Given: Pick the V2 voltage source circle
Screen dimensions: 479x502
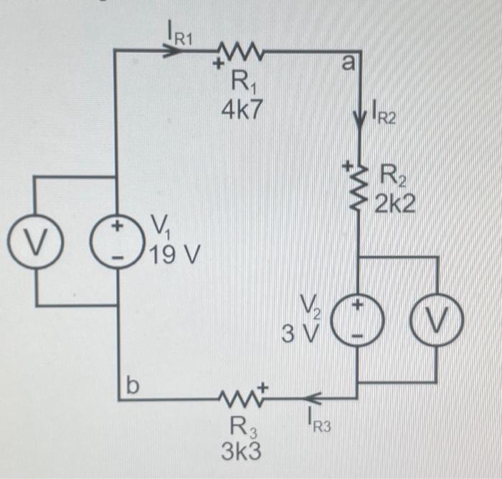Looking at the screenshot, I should coord(357,319).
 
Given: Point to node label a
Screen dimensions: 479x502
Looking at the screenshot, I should coord(348,63).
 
